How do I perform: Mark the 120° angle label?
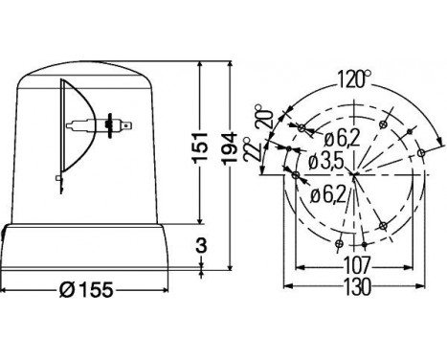pyautogui.click(x=353, y=79)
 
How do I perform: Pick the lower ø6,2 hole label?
pyautogui.click(x=327, y=197)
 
